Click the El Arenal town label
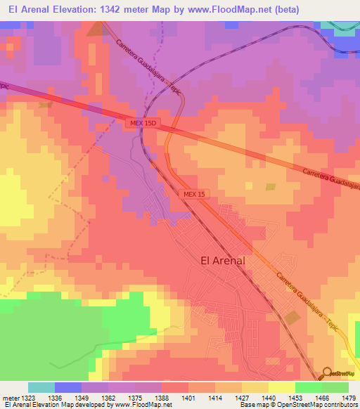click(223, 260)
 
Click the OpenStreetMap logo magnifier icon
click(328, 372)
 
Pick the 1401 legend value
click(188, 397)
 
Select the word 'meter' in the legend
click(11, 397)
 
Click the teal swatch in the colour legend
click(41, 387)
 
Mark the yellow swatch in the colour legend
click(281, 387)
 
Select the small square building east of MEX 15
click(271, 187)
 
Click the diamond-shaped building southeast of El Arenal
click(293, 318)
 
